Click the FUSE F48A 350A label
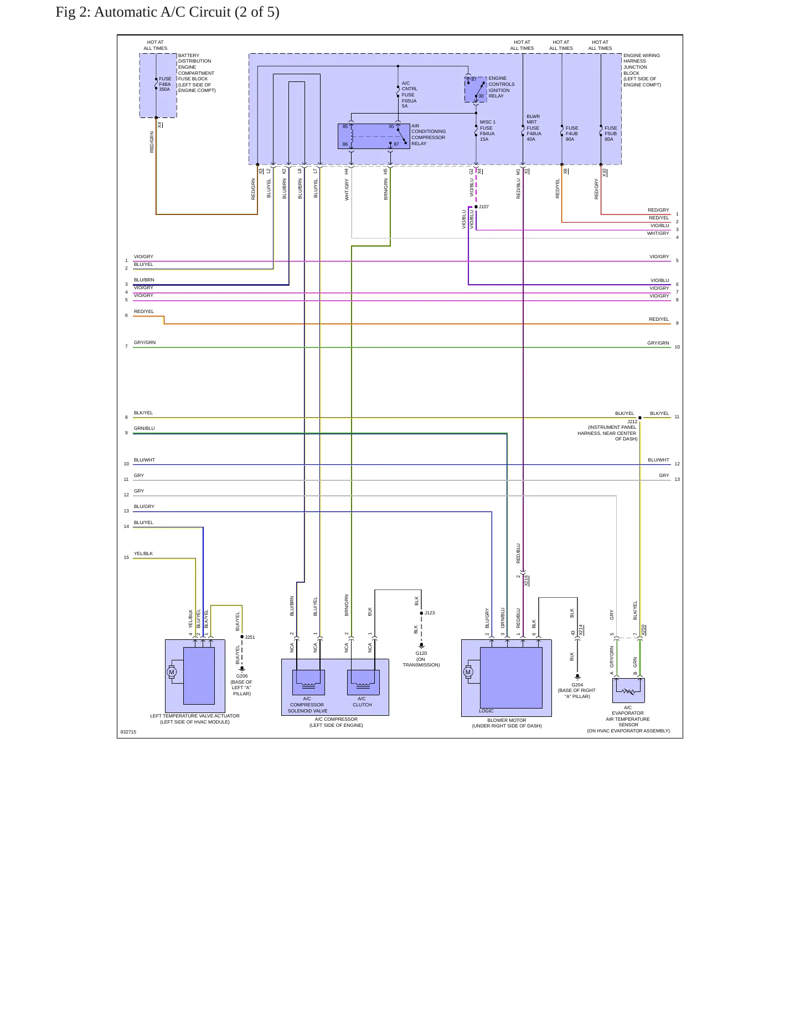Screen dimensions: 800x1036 pyautogui.click(x=165, y=84)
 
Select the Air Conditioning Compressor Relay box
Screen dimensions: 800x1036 pyautogui.click(x=374, y=136)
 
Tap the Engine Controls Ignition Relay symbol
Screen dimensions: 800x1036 pyautogui.click(x=476, y=89)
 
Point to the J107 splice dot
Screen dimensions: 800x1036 pyautogui.click(x=476, y=207)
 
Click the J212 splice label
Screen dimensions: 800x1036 pyautogui.click(x=632, y=422)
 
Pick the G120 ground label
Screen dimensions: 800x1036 pyautogui.click(x=421, y=653)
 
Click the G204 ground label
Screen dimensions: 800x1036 pyautogui.click(x=577, y=685)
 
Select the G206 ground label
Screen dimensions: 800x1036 pyautogui.click(x=242, y=676)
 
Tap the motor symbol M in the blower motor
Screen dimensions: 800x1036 pyautogui.click(x=468, y=672)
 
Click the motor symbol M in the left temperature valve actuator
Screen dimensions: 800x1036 pyautogui.click(x=172, y=672)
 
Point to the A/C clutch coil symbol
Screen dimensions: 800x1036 pyautogui.click(x=363, y=682)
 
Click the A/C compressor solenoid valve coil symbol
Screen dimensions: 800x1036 pyautogui.click(x=308, y=682)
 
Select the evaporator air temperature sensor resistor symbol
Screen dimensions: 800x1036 pyautogui.click(x=628, y=691)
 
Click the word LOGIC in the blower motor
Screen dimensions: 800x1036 pyautogui.click(x=486, y=711)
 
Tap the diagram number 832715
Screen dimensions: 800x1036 pyautogui.click(x=128, y=732)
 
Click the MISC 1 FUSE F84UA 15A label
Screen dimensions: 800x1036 pyautogui.click(x=487, y=131)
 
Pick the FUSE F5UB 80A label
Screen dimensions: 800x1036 pyautogui.click(x=611, y=134)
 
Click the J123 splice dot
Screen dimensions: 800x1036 pyautogui.click(x=421, y=613)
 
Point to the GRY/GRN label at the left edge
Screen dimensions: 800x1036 pyautogui.click(x=144, y=342)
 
